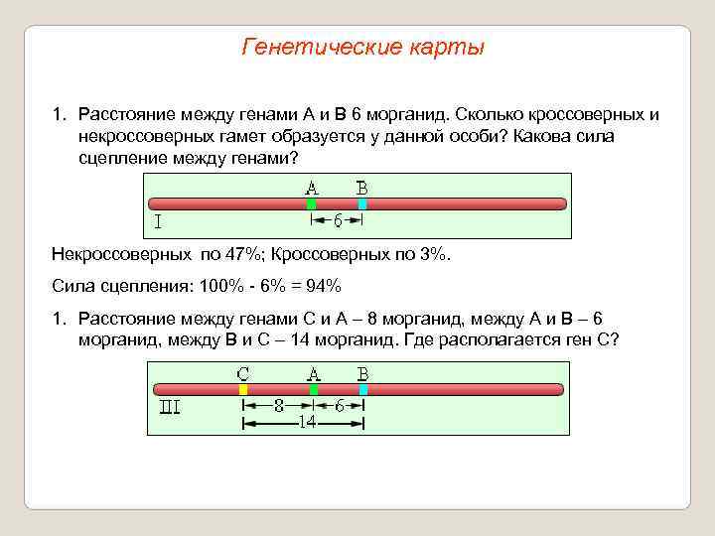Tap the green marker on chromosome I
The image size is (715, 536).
(x=312, y=204)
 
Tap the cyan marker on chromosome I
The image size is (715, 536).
(x=362, y=204)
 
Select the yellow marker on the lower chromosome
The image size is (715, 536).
(x=243, y=390)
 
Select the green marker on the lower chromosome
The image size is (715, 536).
(x=313, y=390)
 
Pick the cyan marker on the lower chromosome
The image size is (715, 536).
(x=363, y=390)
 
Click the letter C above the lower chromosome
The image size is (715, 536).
(x=243, y=373)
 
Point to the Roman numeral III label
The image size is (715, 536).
(x=170, y=407)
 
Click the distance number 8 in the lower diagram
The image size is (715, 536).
(x=279, y=406)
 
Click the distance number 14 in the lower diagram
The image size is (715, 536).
(x=307, y=423)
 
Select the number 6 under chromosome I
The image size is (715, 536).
(x=338, y=220)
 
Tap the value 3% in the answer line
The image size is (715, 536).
(x=433, y=254)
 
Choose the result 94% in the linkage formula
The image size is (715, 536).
(x=322, y=286)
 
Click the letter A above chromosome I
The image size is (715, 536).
(x=312, y=188)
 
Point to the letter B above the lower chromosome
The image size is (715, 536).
(x=363, y=373)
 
